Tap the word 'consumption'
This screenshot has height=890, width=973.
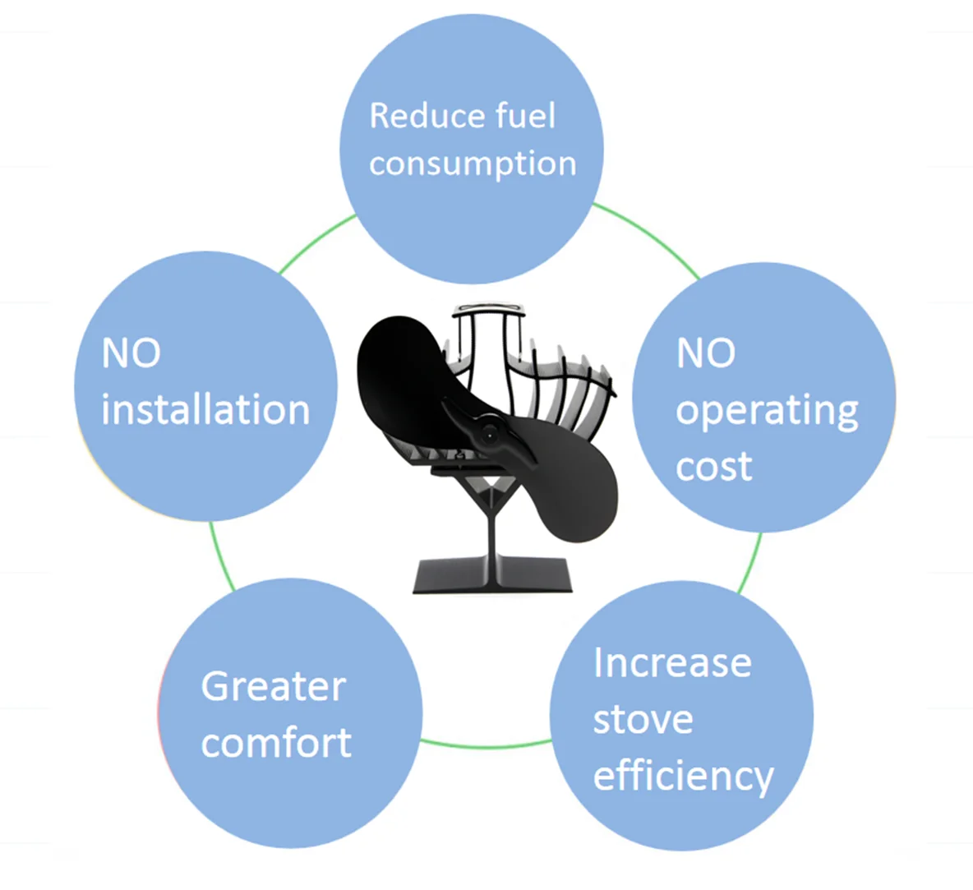point(473,164)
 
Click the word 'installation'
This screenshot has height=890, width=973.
point(205,409)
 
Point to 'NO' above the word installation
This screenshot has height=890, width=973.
point(131,353)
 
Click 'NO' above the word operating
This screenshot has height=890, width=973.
point(705,353)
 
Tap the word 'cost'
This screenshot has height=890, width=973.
point(713,467)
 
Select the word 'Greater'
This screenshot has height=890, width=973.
point(273,686)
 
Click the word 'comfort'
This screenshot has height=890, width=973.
point(276,743)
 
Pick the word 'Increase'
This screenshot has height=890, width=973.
point(672,662)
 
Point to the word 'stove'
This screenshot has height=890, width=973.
point(643,719)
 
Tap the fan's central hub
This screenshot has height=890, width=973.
point(490,432)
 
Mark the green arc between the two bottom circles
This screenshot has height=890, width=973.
point(485,746)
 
